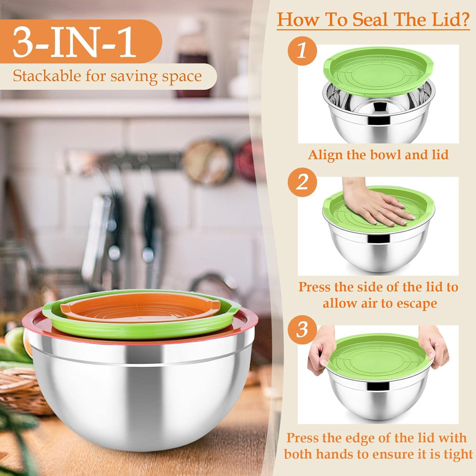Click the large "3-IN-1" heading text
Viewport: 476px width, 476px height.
74,42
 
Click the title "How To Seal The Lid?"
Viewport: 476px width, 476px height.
373,20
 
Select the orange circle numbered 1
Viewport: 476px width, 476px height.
302,50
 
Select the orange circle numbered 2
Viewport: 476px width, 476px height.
302,182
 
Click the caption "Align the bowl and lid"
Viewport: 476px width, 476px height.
378,155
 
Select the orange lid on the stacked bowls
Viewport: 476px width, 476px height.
139,307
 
